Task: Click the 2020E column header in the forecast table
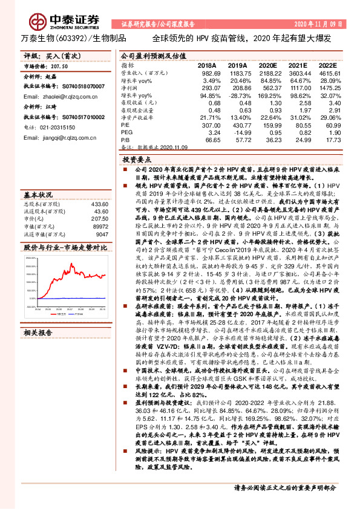(x=267, y=65)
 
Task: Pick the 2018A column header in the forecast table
(x=206, y=65)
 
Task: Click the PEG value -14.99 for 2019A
(x=237, y=132)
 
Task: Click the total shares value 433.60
(x=99, y=204)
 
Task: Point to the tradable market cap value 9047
(x=101, y=233)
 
